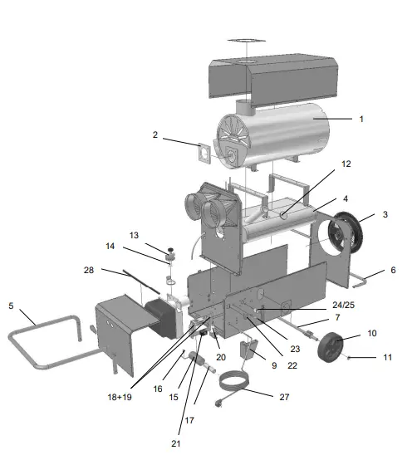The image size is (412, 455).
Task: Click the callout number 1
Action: pos(360,120)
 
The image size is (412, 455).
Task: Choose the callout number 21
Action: pos(174,443)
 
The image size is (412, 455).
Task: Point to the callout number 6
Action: pos(393,270)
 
